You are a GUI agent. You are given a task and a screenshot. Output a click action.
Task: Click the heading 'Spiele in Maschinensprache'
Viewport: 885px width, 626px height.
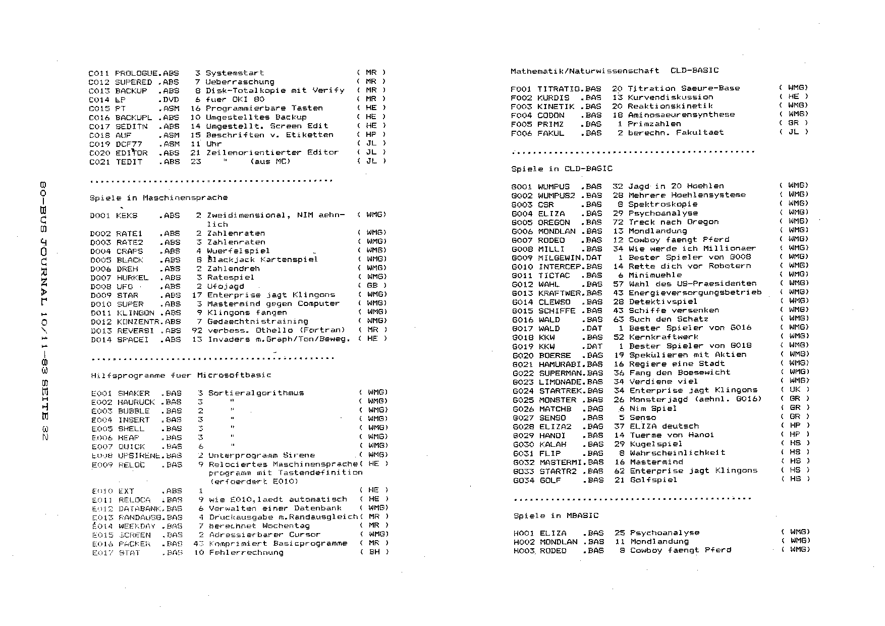[x=158, y=198]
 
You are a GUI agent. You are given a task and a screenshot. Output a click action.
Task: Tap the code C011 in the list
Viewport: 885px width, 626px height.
[x=98, y=73]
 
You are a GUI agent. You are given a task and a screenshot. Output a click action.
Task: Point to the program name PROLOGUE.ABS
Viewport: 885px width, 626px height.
[x=146, y=73]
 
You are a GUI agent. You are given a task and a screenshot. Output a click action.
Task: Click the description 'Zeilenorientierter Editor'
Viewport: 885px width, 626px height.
[x=272, y=152]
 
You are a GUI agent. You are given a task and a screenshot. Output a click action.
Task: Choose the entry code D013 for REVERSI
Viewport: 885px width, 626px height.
[x=101, y=331]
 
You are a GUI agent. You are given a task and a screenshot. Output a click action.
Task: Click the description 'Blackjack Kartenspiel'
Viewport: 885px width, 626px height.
[x=262, y=259]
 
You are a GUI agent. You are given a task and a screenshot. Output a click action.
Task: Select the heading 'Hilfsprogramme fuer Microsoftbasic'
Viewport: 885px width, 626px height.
[x=181, y=376]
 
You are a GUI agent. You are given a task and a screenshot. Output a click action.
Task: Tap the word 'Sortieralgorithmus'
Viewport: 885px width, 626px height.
[x=256, y=393]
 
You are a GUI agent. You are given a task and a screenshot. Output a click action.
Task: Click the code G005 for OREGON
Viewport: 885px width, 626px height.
[x=522, y=223]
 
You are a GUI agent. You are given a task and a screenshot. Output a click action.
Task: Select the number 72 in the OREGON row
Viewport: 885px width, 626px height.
[x=618, y=222]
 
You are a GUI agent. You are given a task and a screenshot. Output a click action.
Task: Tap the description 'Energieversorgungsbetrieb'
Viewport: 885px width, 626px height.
[x=695, y=293]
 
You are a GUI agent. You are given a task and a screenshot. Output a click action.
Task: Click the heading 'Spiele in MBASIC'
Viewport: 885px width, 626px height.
[x=556, y=516]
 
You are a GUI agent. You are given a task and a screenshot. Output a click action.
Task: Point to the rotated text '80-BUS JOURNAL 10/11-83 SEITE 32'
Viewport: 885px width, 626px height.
[x=43, y=310]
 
